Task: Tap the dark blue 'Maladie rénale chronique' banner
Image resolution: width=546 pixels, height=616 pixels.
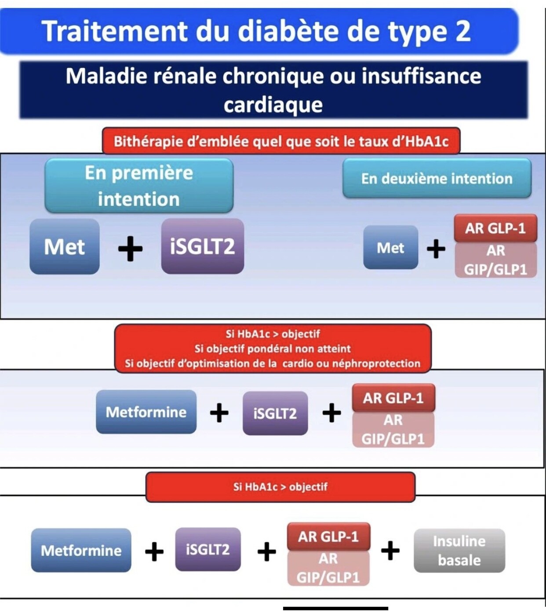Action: [x=273, y=90]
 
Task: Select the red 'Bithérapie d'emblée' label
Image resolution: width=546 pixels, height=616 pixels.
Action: [x=281, y=141]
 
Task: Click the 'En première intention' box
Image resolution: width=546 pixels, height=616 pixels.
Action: [x=139, y=186]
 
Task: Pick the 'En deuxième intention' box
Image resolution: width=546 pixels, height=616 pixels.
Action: [x=437, y=179]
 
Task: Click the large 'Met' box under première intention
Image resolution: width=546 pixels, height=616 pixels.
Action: [x=65, y=247]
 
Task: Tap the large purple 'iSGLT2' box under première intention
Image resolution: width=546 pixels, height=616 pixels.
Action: [x=202, y=246]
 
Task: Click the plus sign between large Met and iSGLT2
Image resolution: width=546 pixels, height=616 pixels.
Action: [x=131, y=249]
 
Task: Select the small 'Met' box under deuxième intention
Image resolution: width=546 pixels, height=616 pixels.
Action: [x=390, y=248]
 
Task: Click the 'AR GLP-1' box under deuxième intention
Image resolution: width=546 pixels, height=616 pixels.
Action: [x=495, y=228]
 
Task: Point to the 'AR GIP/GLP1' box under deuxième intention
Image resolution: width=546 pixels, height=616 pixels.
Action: [x=495, y=260]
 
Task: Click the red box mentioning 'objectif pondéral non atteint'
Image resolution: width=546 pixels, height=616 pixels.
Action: [x=273, y=349]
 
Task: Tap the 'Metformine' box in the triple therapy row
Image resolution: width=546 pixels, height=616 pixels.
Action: [x=146, y=412]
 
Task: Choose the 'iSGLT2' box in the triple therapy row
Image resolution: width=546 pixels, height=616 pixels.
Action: [x=275, y=413]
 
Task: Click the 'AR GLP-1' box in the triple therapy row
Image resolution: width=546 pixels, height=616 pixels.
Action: [x=393, y=398]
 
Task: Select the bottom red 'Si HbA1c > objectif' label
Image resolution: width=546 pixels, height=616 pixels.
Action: [x=280, y=486]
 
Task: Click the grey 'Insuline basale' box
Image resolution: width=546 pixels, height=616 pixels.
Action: [x=459, y=551]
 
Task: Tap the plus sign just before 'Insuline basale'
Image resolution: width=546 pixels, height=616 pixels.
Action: [x=390, y=551]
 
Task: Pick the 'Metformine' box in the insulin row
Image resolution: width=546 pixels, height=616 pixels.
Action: [x=81, y=551]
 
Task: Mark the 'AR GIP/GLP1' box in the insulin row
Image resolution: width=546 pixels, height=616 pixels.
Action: [x=328, y=568]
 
